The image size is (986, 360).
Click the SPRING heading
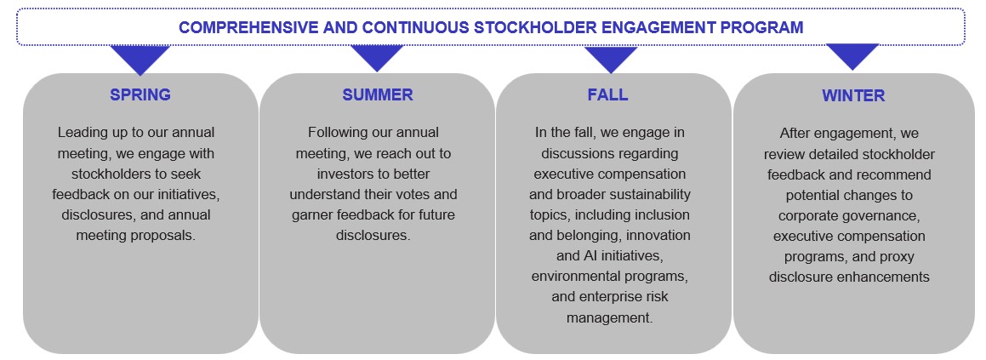pyautogui.click(x=140, y=95)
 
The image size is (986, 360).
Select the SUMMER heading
pyautogui.click(x=377, y=95)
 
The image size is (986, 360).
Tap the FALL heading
pyautogui.click(x=607, y=95)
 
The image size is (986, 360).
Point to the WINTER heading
pyautogui.click(x=853, y=96)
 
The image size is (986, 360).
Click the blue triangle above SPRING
pyautogui.click(x=140, y=59)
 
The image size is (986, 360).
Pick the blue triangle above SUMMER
pyautogui.click(x=377, y=59)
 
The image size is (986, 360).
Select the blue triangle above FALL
pyautogui.click(x=611, y=59)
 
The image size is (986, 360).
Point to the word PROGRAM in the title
pyautogui.click(x=761, y=27)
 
